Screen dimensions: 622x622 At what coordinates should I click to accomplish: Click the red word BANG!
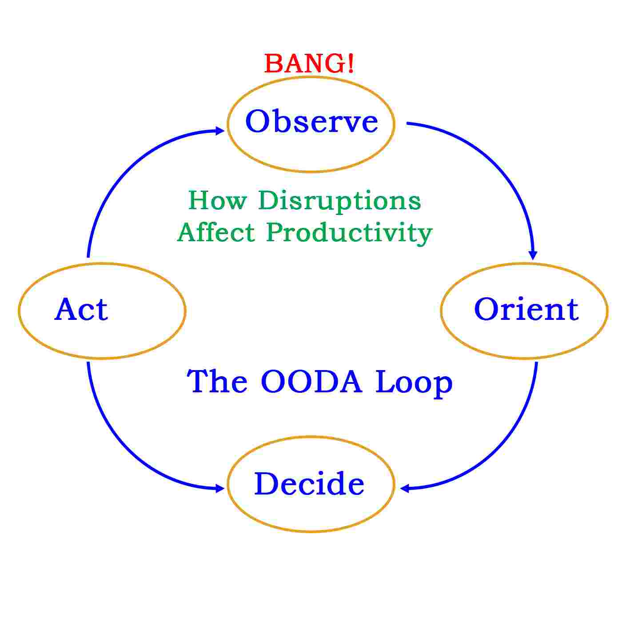coord(309,64)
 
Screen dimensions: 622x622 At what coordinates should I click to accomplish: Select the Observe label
coord(311,121)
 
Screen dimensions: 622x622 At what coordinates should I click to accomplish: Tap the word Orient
coord(526,309)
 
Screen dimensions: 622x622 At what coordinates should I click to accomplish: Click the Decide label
coord(309,484)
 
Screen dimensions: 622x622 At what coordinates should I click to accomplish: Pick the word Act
coord(81,309)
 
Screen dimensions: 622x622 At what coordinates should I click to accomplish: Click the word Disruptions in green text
coord(339,201)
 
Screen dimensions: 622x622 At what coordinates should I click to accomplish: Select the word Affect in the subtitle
coord(216,232)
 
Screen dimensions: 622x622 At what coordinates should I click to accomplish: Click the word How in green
coord(217,200)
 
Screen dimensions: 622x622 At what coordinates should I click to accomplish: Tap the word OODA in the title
coord(311,382)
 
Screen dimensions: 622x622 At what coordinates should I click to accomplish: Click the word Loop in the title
coord(414,383)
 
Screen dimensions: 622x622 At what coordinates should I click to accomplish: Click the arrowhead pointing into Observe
coord(219,131)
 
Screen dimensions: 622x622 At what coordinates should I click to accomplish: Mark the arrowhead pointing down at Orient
coord(533,255)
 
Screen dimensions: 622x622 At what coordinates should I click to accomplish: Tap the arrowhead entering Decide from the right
coord(405,488)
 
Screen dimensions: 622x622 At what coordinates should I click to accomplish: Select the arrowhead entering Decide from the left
coord(219,489)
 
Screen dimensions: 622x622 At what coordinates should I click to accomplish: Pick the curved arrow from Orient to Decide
coord(502,449)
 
